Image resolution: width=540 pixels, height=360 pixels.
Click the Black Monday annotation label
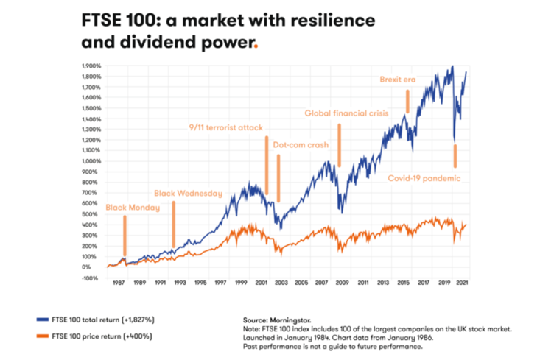[x=133, y=208]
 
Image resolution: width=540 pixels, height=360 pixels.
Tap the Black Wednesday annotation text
[x=188, y=194]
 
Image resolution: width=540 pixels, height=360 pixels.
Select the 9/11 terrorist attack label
[x=226, y=127]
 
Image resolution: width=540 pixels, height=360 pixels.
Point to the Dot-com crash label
[x=301, y=145]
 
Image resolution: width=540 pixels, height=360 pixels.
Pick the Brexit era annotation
[x=403, y=79]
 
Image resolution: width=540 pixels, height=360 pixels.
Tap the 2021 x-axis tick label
[x=463, y=283]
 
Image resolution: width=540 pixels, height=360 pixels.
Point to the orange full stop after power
[x=256, y=45]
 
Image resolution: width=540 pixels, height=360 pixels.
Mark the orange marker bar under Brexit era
[x=407, y=101]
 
